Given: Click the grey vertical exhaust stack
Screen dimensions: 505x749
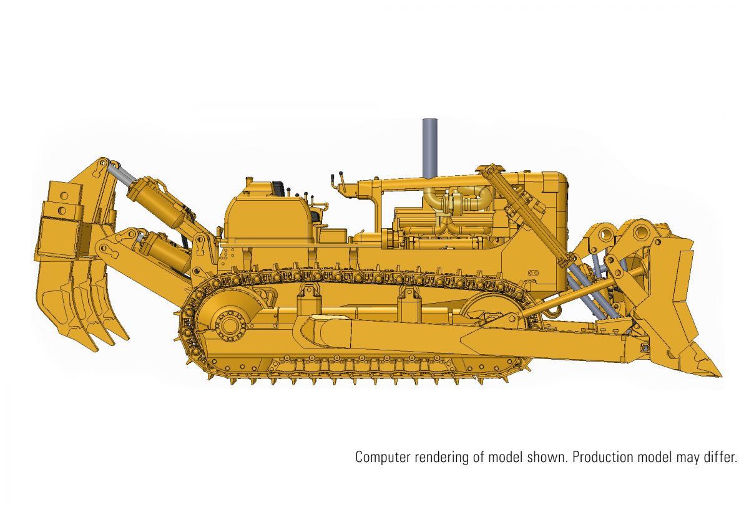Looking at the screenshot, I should coord(429,148).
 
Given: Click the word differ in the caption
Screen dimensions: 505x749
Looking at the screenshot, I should coord(722,457).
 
